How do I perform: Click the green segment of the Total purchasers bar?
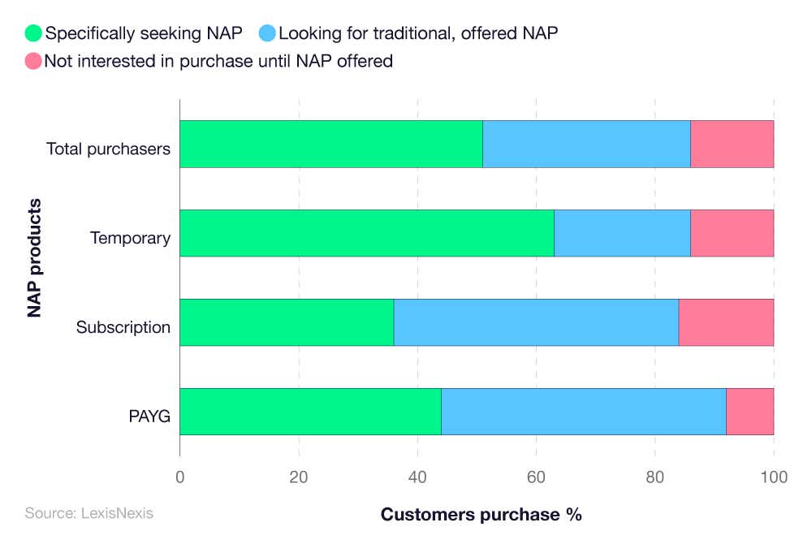(x=330, y=145)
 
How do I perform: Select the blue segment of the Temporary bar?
(x=622, y=233)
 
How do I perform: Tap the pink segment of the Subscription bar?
(x=725, y=322)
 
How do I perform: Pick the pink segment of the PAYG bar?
(x=749, y=412)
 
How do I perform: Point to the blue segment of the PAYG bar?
(x=583, y=412)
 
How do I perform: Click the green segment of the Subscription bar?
(x=287, y=322)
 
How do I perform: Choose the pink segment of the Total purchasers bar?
(x=732, y=145)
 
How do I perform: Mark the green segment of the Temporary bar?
(x=366, y=233)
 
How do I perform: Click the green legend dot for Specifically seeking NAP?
(x=33, y=33)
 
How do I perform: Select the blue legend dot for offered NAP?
(x=267, y=33)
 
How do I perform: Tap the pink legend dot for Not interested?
(x=33, y=61)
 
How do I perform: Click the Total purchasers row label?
(x=108, y=149)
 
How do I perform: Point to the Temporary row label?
(x=130, y=239)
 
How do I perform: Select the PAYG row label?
(x=149, y=417)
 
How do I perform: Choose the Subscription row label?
(x=123, y=328)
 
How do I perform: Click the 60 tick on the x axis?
(x=536, y=477)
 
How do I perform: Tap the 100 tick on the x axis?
(x=773, y=477)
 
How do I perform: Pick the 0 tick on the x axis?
(x=179, y=477)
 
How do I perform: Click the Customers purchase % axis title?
(x=481, y=515)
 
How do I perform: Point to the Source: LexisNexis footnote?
(x=89, y=513)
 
